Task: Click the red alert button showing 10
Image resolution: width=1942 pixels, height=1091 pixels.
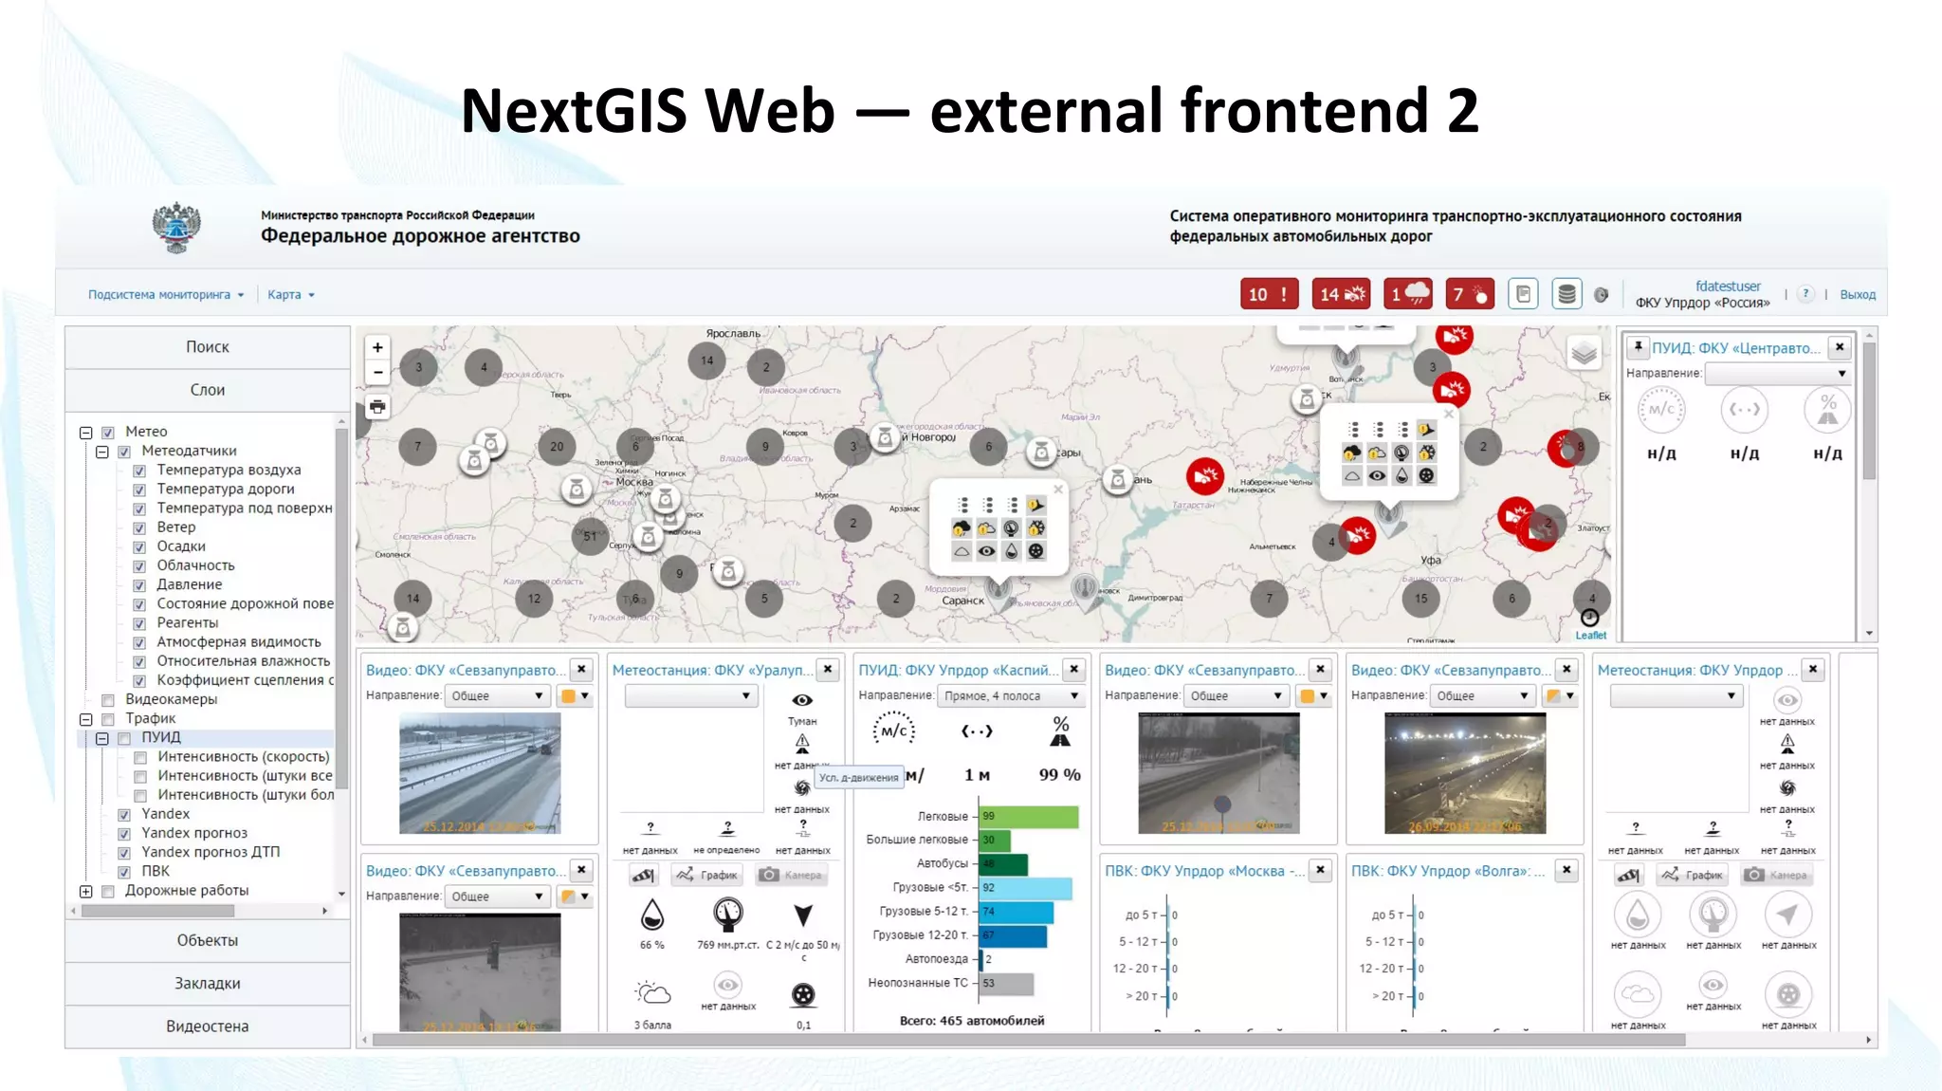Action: tap(1269, 294)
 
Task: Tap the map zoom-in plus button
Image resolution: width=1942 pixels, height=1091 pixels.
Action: tap(377, 348)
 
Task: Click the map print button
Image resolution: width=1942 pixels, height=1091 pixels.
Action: tap(377, 407)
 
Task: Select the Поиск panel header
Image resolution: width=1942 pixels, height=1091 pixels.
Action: tap(207, 347)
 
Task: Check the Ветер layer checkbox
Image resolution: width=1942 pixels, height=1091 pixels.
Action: tap(139, 527)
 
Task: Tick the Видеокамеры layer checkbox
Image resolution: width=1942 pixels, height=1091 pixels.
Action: tap(108, 700)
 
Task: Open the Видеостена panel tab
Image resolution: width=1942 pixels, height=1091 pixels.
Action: tap(207, 1026)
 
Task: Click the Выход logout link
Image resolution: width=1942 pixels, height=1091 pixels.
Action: tap(1857, 295)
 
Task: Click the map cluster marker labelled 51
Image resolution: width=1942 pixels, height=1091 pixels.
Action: tap(591, 536)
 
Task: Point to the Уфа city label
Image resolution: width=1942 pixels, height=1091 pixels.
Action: tap(1431, 560)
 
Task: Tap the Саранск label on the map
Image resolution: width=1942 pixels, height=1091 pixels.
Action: tap(962, 601)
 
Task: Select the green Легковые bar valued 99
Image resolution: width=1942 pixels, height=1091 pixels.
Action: tap(1029, 816)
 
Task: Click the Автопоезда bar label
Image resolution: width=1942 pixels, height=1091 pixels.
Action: tap(936, 959)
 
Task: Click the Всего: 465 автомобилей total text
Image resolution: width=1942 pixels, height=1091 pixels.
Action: tap(971, 1021)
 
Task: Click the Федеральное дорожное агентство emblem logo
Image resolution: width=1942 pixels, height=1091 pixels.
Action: tap(176, 227)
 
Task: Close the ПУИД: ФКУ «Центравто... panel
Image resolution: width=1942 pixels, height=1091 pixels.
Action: tap(1840, 347)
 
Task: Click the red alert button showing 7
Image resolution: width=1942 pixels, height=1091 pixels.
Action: tap(1469, 294)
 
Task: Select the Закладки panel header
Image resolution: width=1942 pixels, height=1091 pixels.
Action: tap(207, 984)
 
